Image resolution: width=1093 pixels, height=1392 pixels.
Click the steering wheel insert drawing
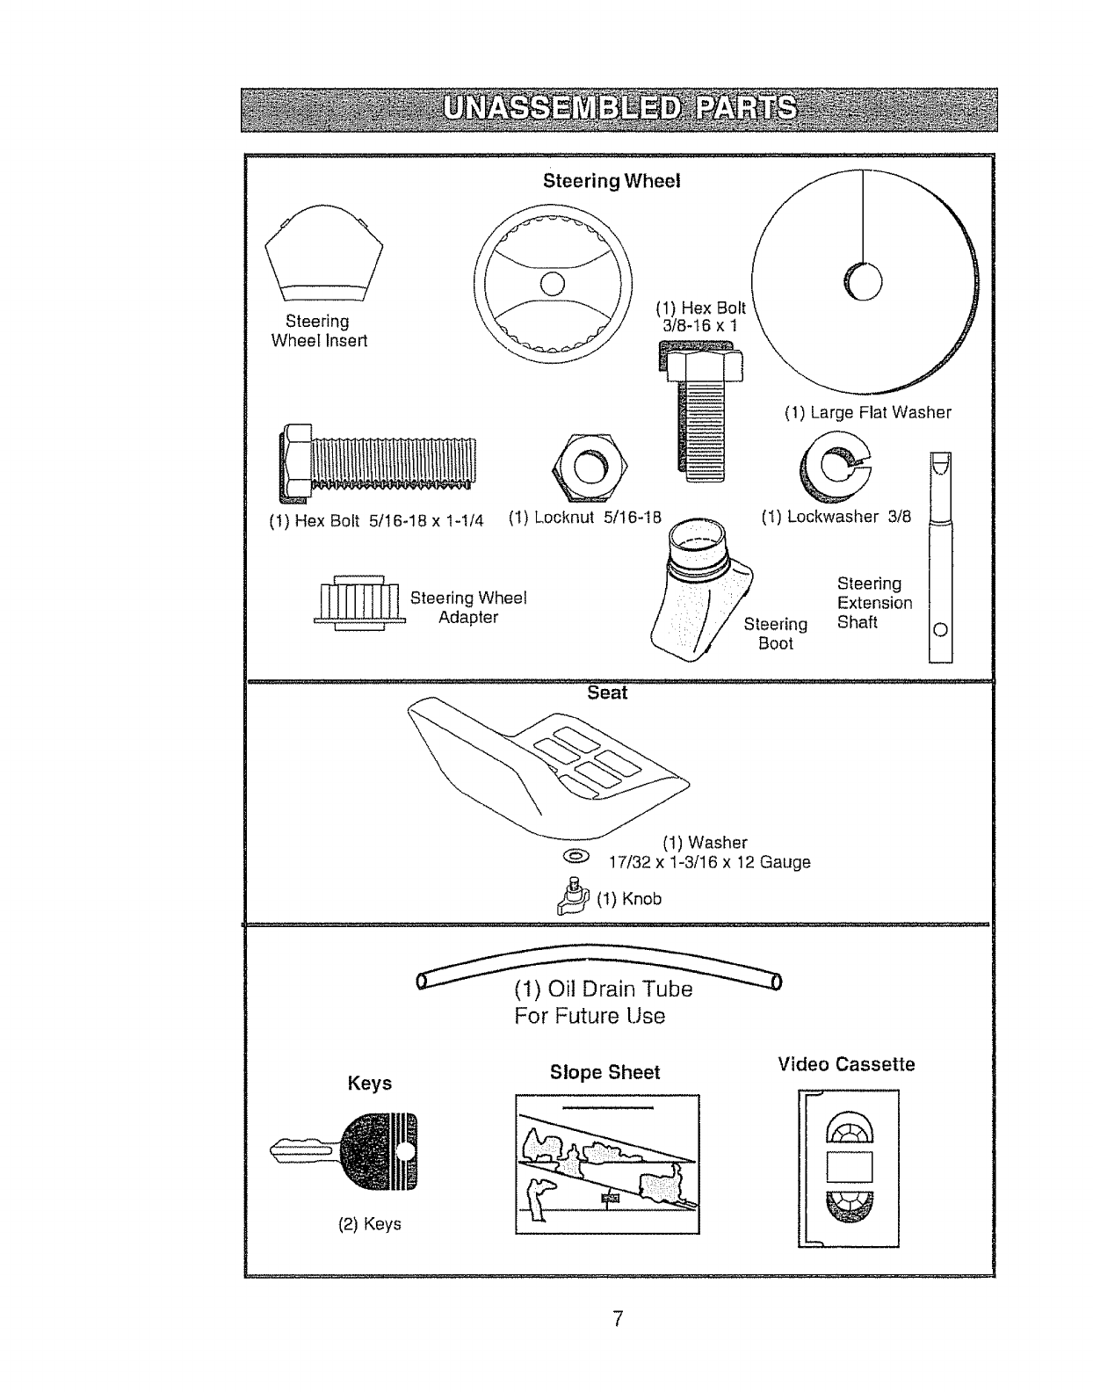pyautogui.click(x=323, y=251)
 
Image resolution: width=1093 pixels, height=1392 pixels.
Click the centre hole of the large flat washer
pyautogui.click(x=863, y=282)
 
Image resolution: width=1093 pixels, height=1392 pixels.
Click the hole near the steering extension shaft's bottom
pyautogui.click(x=940, y=629)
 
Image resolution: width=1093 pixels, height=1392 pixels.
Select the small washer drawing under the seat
pyautogui.click(x=577, y=855)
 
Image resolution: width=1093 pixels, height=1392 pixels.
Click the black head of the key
pyautogui.click(x=377, y=1150)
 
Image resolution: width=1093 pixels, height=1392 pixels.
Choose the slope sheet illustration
pyautogui.click(x=607, y=1164)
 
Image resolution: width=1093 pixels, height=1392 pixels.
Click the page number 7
pyautogui.click(x=619, y=1318)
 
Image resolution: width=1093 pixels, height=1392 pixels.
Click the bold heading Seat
pyautogui.click(x=607, y=693)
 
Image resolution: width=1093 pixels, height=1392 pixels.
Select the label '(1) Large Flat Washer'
pyautogui.click(x=867, y=412)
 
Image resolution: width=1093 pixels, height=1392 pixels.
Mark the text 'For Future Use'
pyautogui.click(x=590, y=1016)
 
